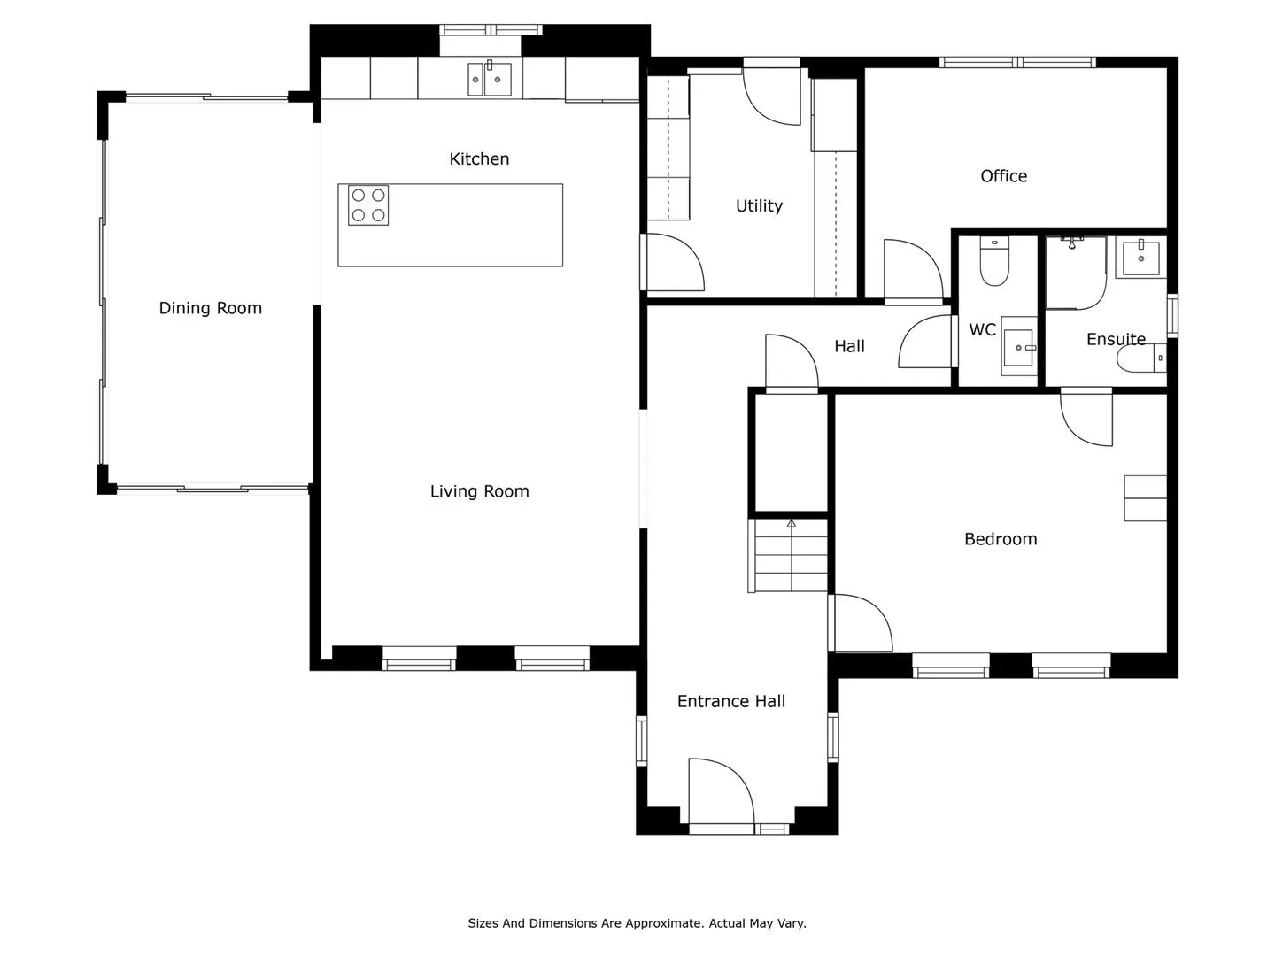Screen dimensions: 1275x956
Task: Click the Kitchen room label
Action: click(x=479, y=158)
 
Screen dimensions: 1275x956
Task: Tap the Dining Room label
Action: click(x=210, y=308)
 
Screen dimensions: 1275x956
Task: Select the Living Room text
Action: click(x=479, y=491)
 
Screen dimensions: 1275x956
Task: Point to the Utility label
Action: click(x=759, y=205)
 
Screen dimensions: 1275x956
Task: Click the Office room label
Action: click(x=1003, y=176)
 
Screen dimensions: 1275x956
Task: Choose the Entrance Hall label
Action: click(x=730, y=701)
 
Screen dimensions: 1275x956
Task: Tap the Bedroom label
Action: click(x=1001, y=539)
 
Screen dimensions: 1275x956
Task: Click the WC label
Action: click(x=982, y=329)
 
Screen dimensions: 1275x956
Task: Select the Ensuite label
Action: click(x=1116, y=339)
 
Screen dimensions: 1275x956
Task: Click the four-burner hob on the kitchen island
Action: click(x=368, y=204)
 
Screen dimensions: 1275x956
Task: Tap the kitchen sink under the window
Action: click(x=489, y=79)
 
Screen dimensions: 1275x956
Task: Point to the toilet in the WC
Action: click(x=993, y=261)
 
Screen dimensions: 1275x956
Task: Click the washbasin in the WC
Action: click(x=1018, y=346)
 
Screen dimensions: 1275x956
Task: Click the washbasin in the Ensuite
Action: click(x=1140, y=258)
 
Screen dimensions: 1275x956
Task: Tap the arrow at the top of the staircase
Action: click(x=792, y=523)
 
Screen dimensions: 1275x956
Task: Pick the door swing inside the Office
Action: click(x=913, y=271)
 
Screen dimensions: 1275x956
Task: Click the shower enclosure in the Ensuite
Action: click(x=1075, y=273)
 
